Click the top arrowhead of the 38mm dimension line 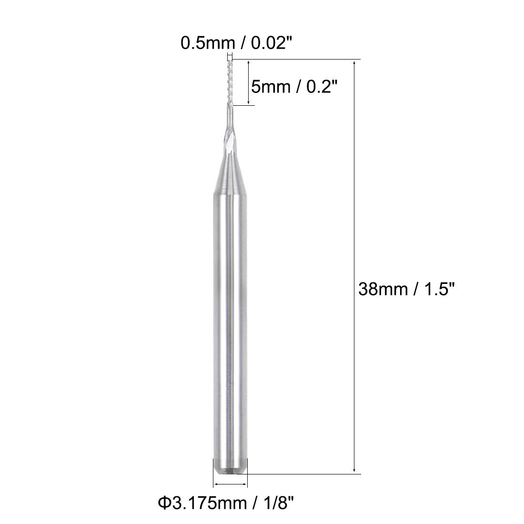click(x=354, y=62)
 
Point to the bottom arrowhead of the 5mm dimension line click(x=249, y=102)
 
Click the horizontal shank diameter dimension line click(x=231, y=484)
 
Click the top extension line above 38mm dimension click(x=305, y=59)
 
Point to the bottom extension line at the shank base click(x=305, y=474)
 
